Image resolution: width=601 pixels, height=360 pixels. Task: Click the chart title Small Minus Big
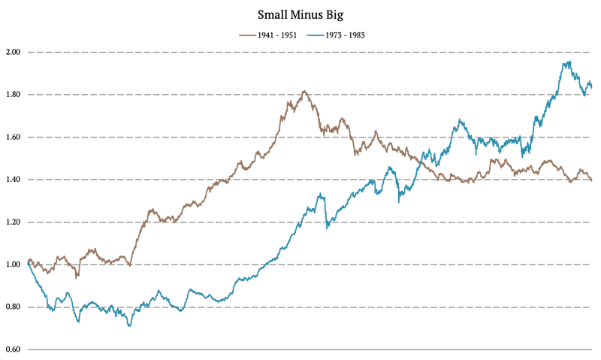300,15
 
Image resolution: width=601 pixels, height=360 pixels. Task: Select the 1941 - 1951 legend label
277,35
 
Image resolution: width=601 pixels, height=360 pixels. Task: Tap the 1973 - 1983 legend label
346,35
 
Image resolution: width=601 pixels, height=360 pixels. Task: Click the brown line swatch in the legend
248,35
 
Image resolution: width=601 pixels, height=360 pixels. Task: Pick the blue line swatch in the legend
316,35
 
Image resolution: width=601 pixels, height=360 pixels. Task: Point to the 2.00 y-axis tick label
14,52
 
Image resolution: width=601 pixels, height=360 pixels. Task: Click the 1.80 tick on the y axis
14,94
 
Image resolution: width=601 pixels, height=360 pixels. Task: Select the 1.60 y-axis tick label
14,137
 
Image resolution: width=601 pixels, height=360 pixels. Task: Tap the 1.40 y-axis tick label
14,180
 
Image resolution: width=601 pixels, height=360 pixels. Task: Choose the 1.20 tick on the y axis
14,222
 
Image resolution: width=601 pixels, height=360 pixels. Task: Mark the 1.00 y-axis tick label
14,265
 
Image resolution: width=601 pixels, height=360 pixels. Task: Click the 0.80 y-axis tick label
14,307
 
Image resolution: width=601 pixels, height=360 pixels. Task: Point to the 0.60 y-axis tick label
14,349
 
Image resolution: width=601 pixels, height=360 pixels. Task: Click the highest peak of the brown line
304,91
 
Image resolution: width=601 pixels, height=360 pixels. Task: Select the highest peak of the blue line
569,62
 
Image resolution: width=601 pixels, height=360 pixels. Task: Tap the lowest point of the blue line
129,326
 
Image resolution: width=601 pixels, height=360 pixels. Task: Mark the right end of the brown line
591,180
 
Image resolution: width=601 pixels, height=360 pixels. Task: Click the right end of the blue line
591,87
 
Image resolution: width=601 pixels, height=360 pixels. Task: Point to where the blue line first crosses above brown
420,162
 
